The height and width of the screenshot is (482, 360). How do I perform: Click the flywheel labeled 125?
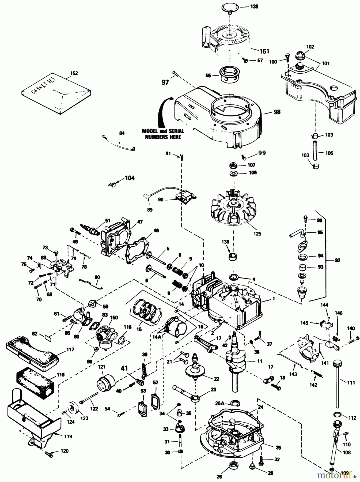[232, 212]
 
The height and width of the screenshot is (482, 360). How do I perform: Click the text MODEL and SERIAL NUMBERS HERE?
[163, 134]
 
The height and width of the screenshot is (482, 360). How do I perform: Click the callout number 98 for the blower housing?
[277, 112]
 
